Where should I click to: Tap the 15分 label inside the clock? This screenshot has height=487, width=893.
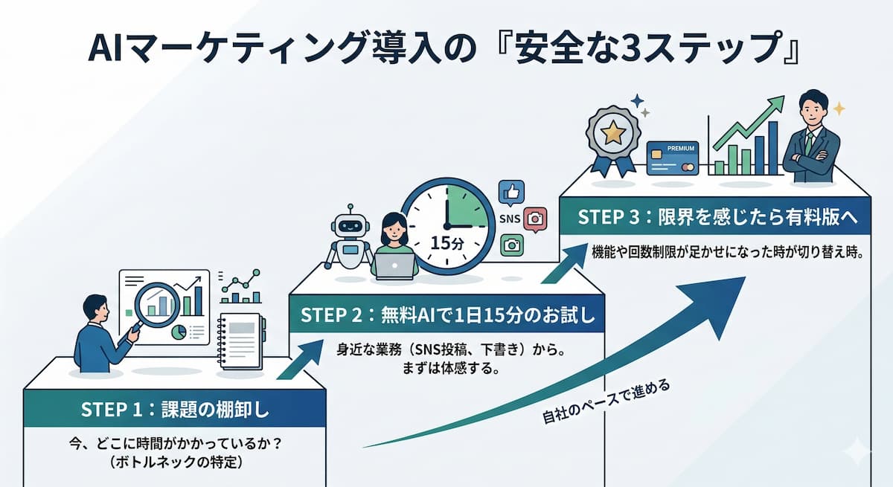446,242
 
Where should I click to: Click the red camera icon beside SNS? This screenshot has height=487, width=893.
535,219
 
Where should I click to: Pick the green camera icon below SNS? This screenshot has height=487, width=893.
512,245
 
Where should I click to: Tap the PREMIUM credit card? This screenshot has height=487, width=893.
673,158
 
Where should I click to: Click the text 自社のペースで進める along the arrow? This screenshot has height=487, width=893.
606,405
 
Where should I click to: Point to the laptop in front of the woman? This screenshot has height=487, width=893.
394,265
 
